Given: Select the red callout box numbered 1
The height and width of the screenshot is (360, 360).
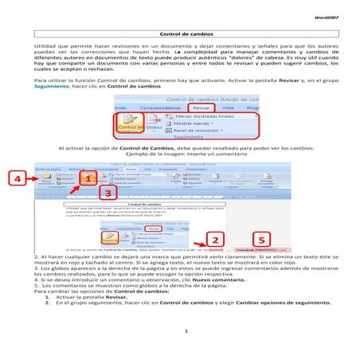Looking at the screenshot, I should point(89,178).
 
